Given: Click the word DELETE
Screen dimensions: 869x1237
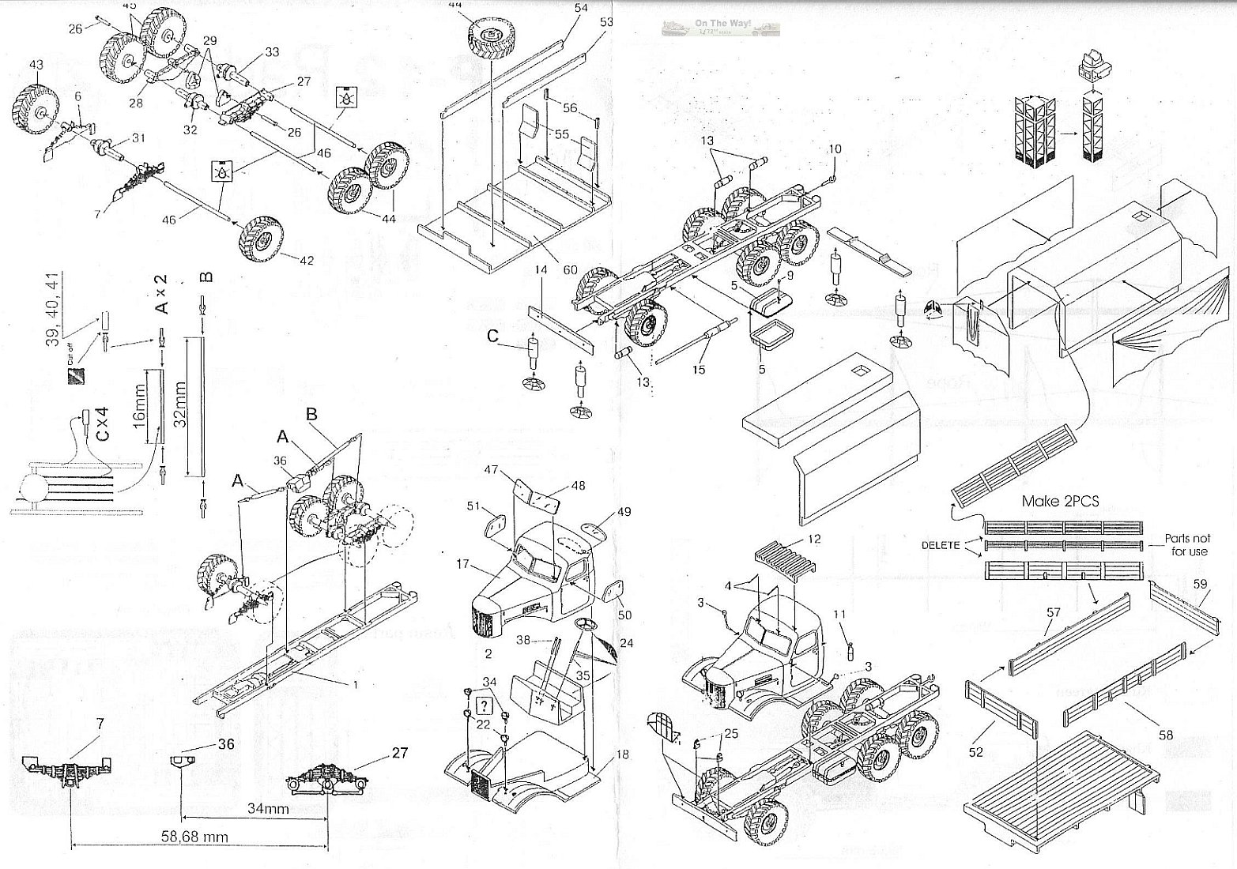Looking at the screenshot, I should pyautogui.click(x=941, y=545).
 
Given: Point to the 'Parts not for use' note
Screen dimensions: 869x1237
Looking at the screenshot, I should pyautogui.click(x=1186, y=545).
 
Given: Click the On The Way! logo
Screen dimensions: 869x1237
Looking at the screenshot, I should pyautogui.click(x=721, y=28).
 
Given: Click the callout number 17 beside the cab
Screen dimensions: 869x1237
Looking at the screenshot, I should pyautogui.click(x=463, y=564).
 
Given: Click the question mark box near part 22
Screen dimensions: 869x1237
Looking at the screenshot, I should pyautogui.click(x=485, y=705).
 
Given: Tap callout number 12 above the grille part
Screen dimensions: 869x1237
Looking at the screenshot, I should pyautogui.click(x=815, y=539).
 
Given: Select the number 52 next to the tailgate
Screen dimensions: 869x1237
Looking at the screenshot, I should pyautogui.click(x=975, y=752).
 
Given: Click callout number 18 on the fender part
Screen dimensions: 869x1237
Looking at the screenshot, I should pyautogui.click(x=622, y=754).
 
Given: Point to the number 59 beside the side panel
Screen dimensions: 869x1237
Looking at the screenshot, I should pyautogui.click(x=1200, y=585).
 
